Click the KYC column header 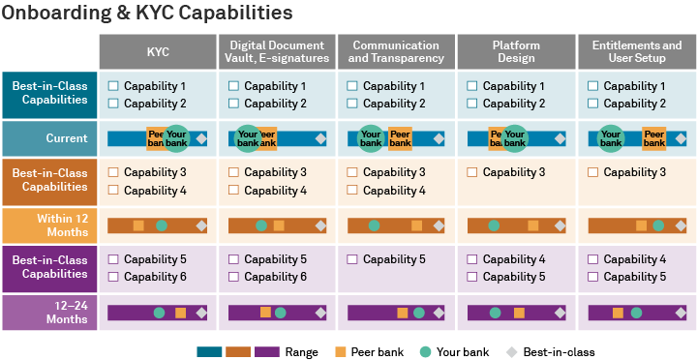tap(158, 52)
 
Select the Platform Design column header tap(516, 52)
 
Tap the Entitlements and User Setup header tap(636, 52)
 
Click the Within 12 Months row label tap(49, 225)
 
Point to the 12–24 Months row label tap(49, 313)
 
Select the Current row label tap(49, 138)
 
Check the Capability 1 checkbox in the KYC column tap(113, 86)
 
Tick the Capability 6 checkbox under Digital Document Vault tap(233, 277)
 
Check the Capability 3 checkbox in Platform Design tap(472, 172)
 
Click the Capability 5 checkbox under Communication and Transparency tap(353, 259)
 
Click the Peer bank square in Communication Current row tap(399, 138)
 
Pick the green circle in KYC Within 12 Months tap(162, 225)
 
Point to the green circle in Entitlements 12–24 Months tap(636, 313)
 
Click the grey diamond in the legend tap(511, 351)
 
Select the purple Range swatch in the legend tap(266, 351)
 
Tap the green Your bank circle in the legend tap(426, 351)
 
